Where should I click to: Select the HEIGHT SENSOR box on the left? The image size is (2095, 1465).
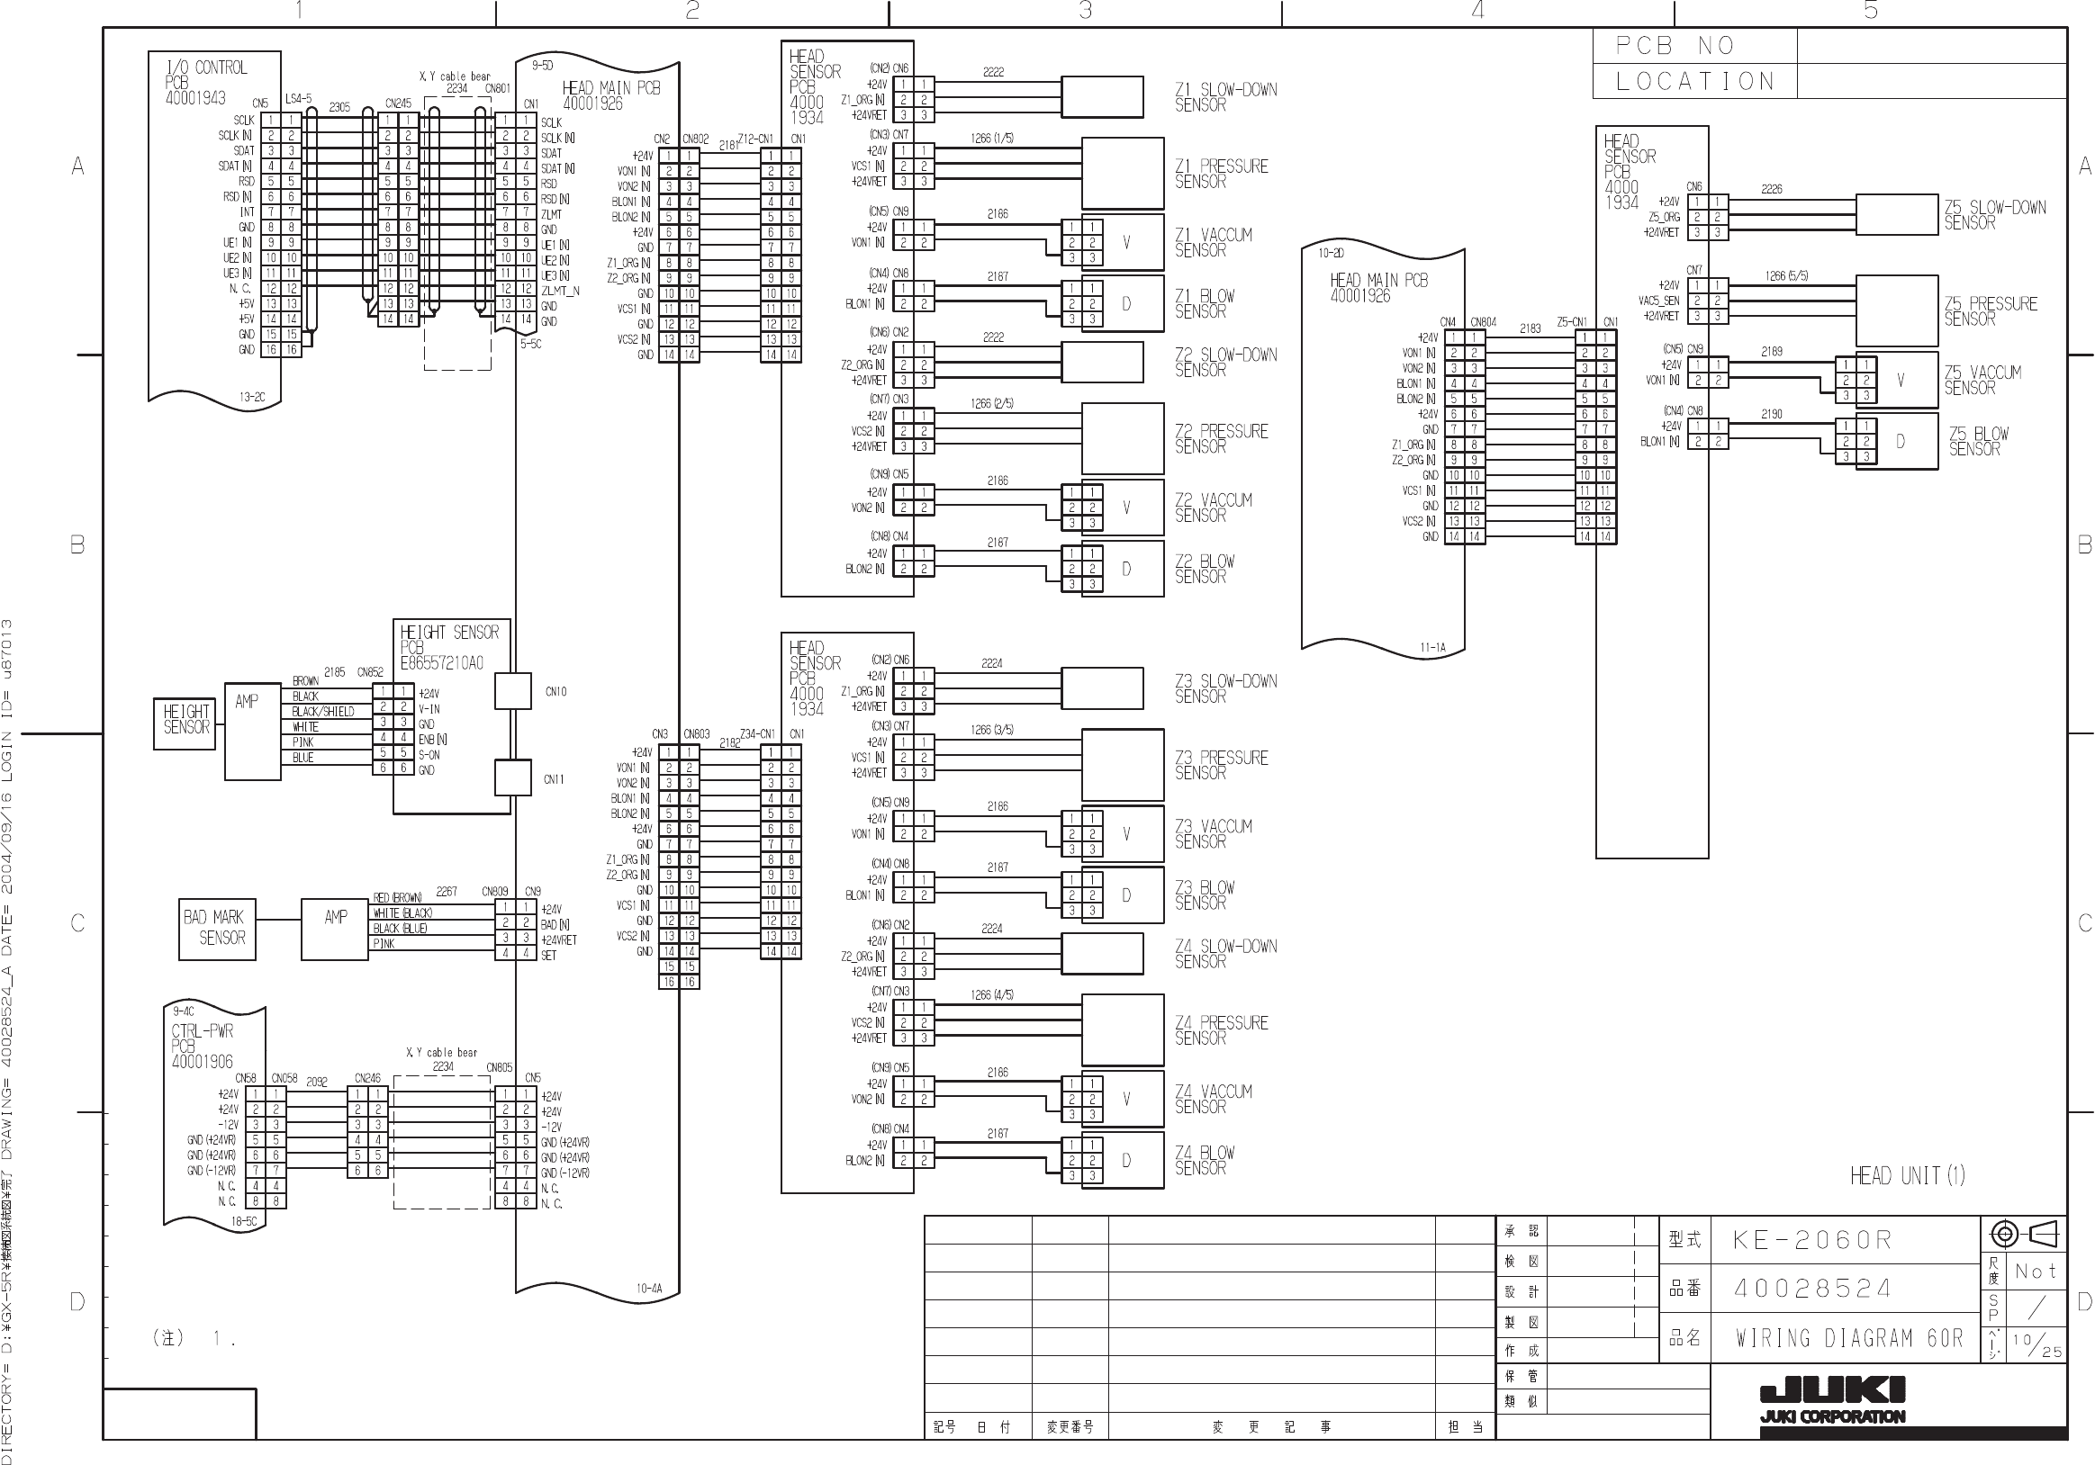point(185,722)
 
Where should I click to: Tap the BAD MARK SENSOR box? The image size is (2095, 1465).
point(217,928)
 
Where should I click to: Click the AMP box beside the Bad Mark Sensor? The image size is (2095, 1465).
point(335,928)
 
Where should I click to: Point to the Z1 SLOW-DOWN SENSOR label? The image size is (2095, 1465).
point(1224,96)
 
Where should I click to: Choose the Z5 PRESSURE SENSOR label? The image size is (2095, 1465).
point(1990,311)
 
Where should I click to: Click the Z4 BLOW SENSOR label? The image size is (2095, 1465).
point(1205,1160)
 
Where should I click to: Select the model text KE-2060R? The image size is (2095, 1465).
point(1812,1241)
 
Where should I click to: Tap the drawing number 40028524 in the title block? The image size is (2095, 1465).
point(1812,1289)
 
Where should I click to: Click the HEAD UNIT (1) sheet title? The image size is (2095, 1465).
point(1907,1176)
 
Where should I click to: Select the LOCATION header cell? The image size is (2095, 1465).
point(1694,81)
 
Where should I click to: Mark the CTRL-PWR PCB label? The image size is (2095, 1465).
point(203,1047)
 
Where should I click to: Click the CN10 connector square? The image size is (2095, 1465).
point(513,691)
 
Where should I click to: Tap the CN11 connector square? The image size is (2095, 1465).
point(513,778)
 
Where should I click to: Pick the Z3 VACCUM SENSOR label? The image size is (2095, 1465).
point(1213,834)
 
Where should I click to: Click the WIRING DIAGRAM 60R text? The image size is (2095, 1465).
point(1848,1338)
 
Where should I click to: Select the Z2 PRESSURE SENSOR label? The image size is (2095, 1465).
point(1221,439)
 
